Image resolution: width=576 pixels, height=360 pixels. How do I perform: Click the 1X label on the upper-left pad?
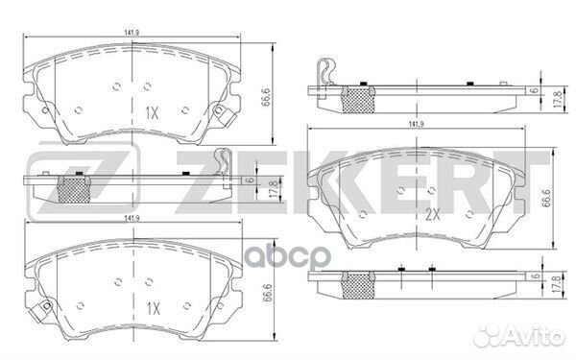pyautogui.click(x=151, y=112)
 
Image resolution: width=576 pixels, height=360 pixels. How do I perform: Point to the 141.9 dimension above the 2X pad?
pyautogui.click(x=416, y=125)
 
